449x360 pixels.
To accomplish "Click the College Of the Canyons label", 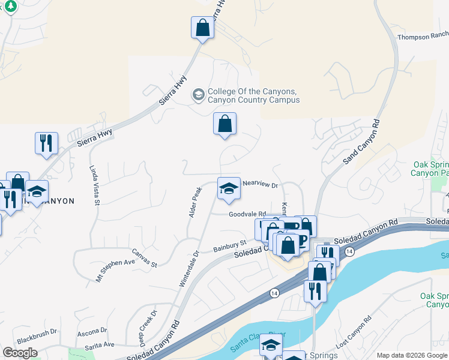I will click(x=253, y=96).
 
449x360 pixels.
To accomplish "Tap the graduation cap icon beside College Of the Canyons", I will click(x=198, y=95).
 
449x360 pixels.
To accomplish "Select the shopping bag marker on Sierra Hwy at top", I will click(x=203, y=28).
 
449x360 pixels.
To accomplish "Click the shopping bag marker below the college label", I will click(x=224, y=124).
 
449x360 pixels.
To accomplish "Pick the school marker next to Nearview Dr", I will click(x=228, y=190).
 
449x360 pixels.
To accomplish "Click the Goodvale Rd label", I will click(x=247, y=214).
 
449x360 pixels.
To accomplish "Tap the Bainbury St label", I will click(x=231, y=246).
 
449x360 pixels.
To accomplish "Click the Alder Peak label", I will click(x=196, y=202).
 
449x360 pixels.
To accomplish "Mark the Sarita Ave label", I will click(x=100, y=344).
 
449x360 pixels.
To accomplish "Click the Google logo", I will click(x=20, y=353).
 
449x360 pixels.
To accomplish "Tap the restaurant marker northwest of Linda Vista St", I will click(x=46, y=143).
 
